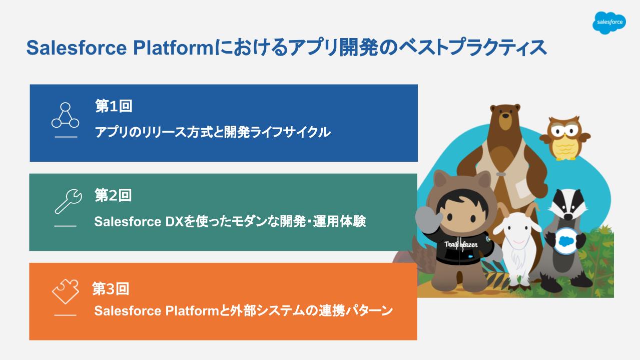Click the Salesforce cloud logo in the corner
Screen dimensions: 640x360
[609, 23]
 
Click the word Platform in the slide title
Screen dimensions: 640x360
[173, 48]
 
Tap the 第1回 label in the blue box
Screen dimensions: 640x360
[114, 106]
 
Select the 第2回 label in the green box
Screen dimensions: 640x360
[113, 196]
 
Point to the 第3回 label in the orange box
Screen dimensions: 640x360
[111, 289]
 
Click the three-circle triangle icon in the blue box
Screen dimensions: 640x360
[65, 115]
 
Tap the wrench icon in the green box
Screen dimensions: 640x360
[68, 201]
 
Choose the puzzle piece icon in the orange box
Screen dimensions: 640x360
[66, 291]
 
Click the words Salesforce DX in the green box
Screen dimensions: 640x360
[139, 222]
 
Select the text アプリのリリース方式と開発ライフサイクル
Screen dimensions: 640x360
[213, 132]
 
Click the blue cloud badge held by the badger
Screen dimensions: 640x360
[565, 241]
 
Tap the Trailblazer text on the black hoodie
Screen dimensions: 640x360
[460, 244]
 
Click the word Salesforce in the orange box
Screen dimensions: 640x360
[128, 311]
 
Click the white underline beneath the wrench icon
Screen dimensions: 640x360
[66, 226]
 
